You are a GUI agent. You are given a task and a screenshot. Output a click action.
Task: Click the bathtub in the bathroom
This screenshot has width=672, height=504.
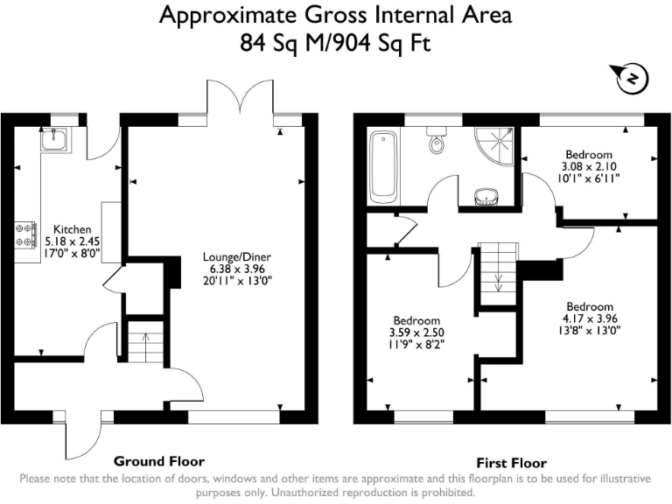pos(383,165)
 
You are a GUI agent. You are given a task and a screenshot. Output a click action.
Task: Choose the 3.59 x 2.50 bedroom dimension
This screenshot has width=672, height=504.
pos(416,332)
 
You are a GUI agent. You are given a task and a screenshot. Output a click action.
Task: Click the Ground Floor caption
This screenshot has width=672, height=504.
pos(159,460)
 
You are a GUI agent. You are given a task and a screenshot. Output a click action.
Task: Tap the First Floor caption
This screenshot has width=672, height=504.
pos(511,462)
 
